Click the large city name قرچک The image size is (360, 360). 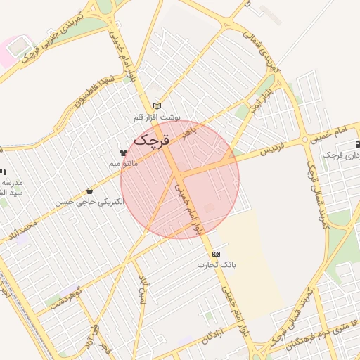[x=151, y=139]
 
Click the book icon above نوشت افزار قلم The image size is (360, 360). [x=157, y=106]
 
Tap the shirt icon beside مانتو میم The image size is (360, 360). [x=123, y=152]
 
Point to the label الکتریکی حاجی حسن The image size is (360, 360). [x=89, y=202]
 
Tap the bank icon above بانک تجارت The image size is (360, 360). [x=216, y=254]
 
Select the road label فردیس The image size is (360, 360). [x=274, y=149]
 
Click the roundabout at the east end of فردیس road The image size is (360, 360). [x=306, y=141]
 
